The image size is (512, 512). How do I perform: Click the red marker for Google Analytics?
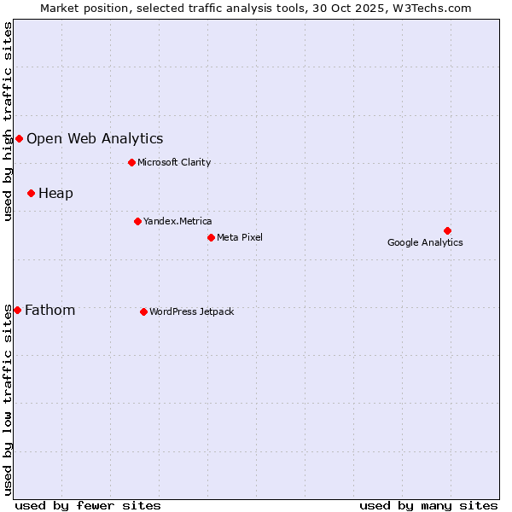[x=447, y=230]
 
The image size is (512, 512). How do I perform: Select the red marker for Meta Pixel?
[x=211, y=237]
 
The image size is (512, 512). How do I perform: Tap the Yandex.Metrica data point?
[x=137, y=221]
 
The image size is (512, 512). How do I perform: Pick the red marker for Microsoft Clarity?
[x=131, y=162]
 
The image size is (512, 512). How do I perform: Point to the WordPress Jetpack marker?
[x=143, y=311]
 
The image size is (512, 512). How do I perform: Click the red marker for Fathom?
[x=17, y=310]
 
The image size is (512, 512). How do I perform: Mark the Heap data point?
[x=31, y=193]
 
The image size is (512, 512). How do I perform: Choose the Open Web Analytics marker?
[x=19, y=138]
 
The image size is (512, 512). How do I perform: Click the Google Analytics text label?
[x=425, y=242]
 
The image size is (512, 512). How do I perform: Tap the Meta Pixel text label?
[x=240, y=237]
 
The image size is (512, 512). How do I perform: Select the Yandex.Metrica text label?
[x=177, y=221]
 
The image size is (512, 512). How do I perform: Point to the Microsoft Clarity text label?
[x=174, y=162]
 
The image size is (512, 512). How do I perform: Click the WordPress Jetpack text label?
[x=191, y=311]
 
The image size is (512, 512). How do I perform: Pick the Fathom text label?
[x=49, y=310]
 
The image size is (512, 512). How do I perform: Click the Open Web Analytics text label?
[x=95, y=138]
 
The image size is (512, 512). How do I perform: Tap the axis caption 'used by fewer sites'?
[x=88, y=505]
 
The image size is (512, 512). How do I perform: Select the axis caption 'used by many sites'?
[x=428, y=505]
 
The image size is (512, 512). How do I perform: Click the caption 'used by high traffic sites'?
[x=8, y=121]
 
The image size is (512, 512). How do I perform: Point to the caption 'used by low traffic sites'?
[x=8, y=399]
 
